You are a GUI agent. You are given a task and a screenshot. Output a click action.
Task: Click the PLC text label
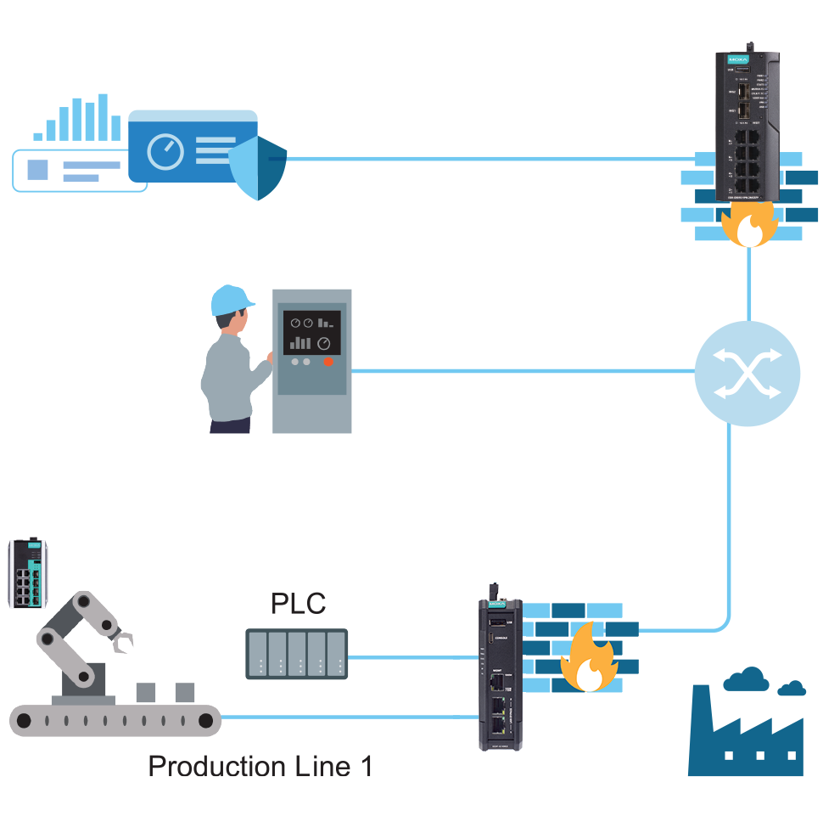click(x=298, y=604)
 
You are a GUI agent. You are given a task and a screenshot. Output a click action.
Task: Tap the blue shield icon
click(x=258, y=167)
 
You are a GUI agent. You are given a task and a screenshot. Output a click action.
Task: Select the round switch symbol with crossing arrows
click(x=747, y=374)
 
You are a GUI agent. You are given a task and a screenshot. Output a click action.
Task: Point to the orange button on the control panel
click(x=328, y=362)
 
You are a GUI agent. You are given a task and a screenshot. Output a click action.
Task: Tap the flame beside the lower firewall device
click(x=588, y=659)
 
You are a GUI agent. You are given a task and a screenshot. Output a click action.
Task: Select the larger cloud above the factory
click(x=747, y=678)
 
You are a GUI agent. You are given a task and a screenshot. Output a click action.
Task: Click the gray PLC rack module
click(x=297, y=654)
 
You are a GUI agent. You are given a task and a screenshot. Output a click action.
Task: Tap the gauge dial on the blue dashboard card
click(x=165, y=152)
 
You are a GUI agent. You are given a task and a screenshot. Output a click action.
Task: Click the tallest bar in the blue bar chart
click(x=103, y=116)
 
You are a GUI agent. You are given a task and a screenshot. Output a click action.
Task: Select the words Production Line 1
click(x=260, y=766)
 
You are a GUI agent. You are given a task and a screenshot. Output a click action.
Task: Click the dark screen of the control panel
click(x=311, y=332)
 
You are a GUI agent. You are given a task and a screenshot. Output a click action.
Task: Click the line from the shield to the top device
click(x=492, y=159)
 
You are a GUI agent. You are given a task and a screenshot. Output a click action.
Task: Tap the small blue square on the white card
click(x=38, y=170)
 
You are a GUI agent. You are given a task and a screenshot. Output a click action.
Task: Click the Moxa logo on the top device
click(x=735, y=60)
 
